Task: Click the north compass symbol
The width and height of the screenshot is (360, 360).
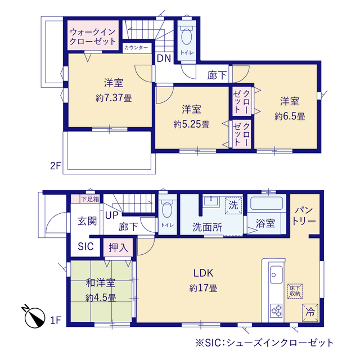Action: [x=34, y=317]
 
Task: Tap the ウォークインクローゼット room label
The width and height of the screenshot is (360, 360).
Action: [x=93, y=37]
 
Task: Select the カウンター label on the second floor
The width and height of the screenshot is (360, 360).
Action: [x=136, y=47]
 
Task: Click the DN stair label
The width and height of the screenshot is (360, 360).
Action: [x=164, y=58]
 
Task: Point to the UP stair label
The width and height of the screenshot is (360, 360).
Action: [x=112, y=215]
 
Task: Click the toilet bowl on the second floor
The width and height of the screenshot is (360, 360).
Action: [x=186, y=35]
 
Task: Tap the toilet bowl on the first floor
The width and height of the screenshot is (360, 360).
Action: [x=167, y=209]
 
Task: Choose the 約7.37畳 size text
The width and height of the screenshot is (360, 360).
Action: [x=114, y=98]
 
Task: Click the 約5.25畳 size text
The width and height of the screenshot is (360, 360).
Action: [x=191, y=125]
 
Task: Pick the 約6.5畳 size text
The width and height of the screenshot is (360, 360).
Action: [x=290, y=116]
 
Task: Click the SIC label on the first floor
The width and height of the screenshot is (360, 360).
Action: [x=85, y=246]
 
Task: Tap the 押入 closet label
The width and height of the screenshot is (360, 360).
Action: [x=118, y=247]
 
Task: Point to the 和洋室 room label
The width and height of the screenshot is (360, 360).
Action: [x=101, y=283]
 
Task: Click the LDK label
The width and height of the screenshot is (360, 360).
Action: [x=204, y=273]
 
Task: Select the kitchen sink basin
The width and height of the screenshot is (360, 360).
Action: [x=276, y=274]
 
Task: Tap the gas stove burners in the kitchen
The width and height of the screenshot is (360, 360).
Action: [x=276, y=310]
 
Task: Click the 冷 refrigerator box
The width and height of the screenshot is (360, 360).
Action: [x=310, y=313]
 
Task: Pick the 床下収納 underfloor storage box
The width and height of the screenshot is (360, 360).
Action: [x=295, y=291]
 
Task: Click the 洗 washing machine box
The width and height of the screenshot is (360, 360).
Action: [x=233, y=205]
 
